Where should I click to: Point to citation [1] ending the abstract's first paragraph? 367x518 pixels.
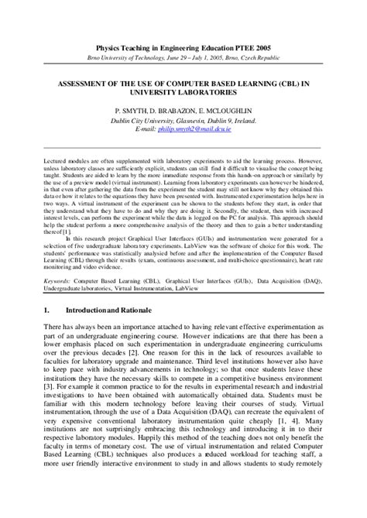coord(67,231)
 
